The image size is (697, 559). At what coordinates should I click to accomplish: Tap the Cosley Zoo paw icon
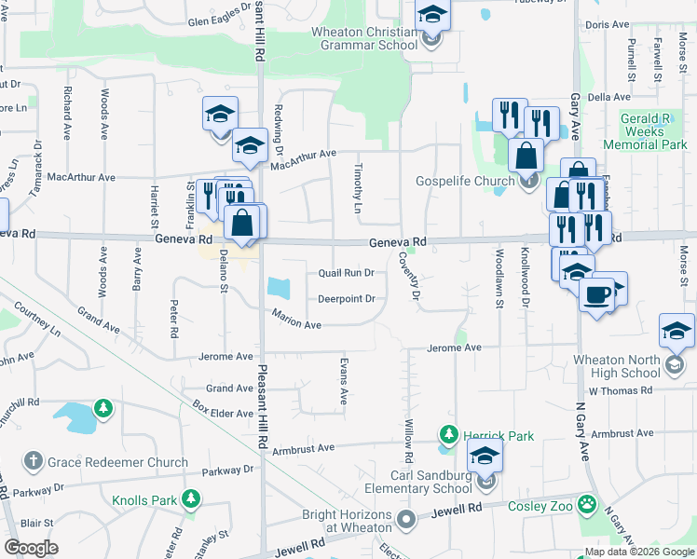(586, 505)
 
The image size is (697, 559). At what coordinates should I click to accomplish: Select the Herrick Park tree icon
(449, 435)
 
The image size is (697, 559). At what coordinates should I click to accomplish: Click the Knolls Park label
(144, 500)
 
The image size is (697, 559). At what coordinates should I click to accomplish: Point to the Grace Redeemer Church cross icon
(33, 461)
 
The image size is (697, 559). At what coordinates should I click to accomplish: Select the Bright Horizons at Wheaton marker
(405, 518)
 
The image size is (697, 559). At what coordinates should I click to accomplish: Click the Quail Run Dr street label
(346, 274)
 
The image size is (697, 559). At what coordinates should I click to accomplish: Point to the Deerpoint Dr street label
(346, 299)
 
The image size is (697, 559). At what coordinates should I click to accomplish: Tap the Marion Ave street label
(296, 320)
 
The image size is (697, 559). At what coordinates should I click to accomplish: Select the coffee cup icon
(597, 294)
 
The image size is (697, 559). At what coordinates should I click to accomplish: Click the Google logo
(31, 548)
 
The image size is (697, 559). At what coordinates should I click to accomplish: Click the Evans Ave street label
(344, 380)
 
